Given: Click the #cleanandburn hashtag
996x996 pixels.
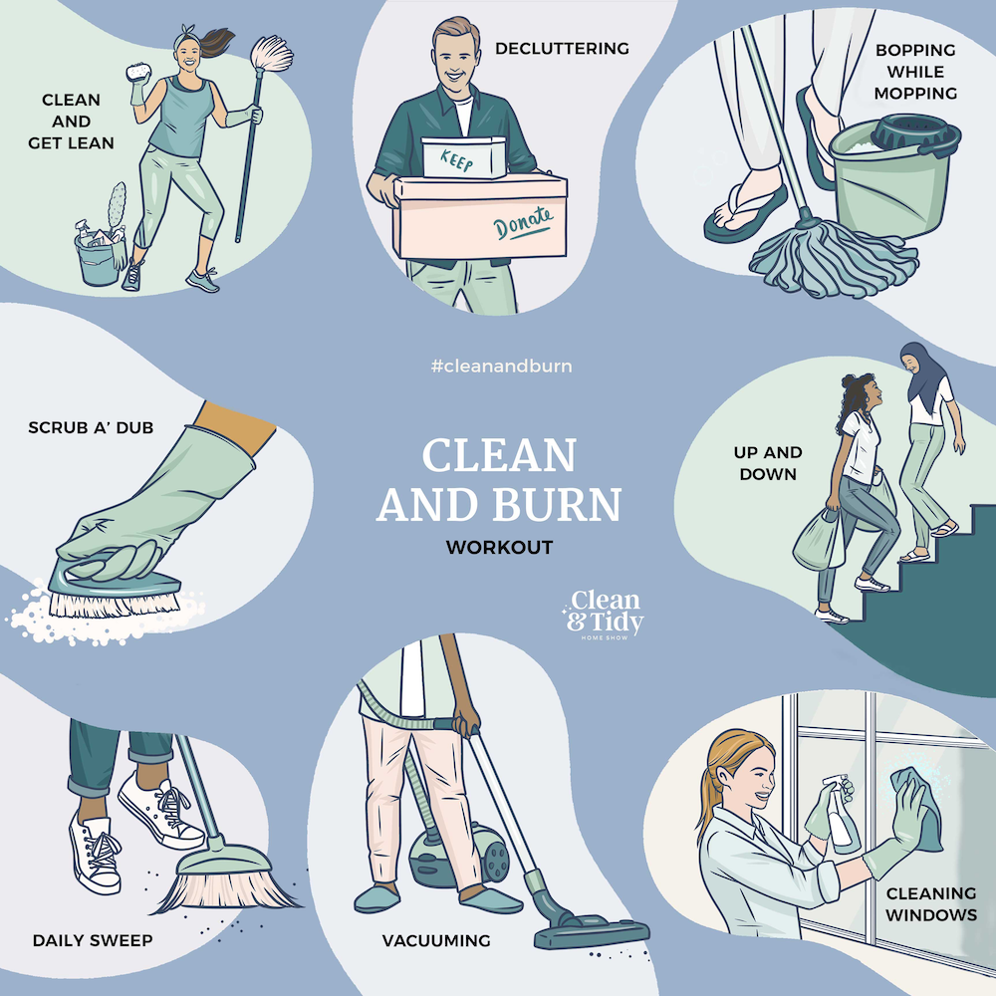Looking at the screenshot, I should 501,366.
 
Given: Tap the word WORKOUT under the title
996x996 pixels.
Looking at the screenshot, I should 499,547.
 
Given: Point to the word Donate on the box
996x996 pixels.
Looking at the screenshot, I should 524,227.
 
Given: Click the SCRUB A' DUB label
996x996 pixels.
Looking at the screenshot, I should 105,429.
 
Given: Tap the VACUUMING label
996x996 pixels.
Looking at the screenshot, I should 436,940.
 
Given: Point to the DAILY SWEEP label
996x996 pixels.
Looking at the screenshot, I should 93,939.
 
